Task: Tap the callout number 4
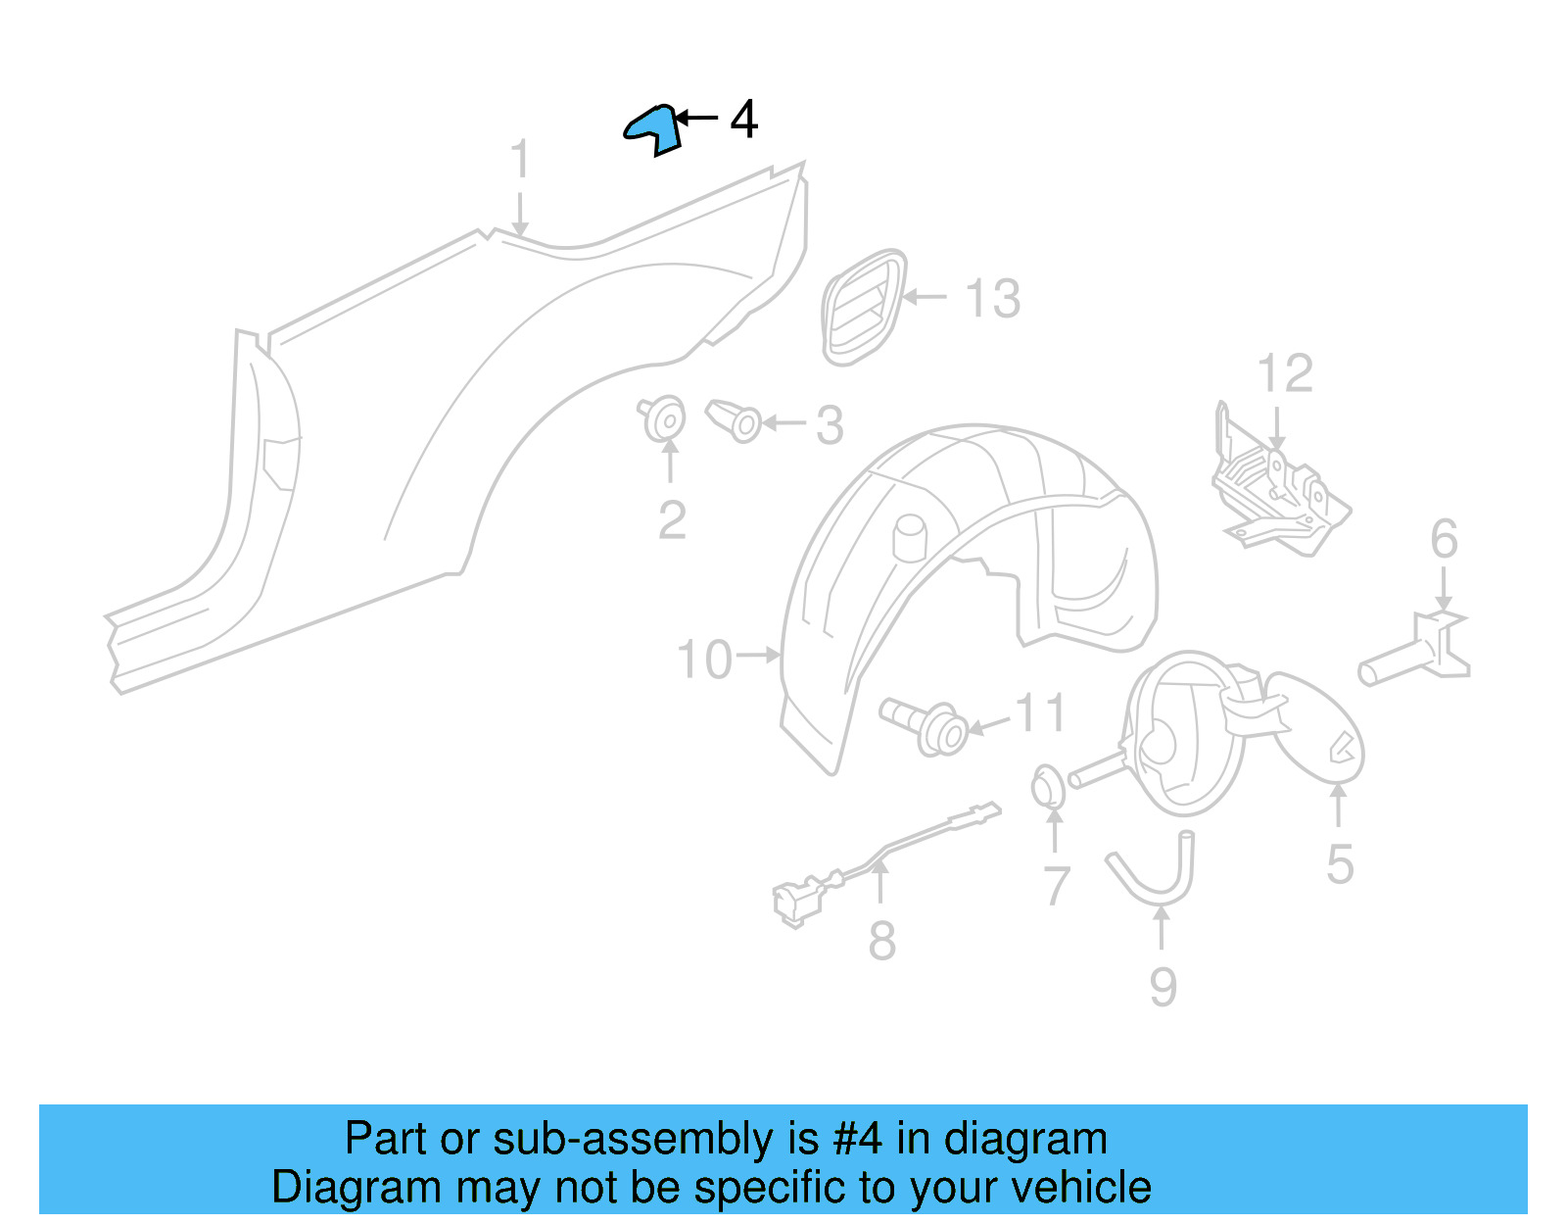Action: (744, 120)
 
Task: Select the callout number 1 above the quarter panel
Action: (520, 159)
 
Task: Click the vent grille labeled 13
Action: (863, 307)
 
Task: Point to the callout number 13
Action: (992, 299)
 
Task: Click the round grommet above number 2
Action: (665, 418)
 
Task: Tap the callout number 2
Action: (672, 520)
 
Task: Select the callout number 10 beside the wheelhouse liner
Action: (704, 660)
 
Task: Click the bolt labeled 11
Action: (926, 726)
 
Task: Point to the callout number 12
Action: (1284, 373)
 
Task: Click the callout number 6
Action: (1444, 539)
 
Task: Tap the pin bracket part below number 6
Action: (1420, 652)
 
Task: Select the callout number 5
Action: (1340, 864)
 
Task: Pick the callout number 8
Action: (881, 941)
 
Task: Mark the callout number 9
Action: (1163, 986)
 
